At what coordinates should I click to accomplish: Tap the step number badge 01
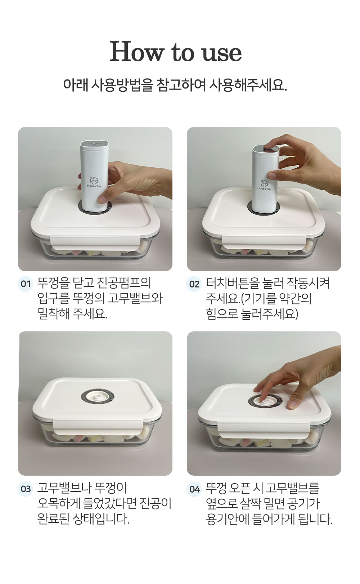pyautogui.click(x=26, y=284)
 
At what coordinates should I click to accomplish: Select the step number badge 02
pyautogui.click(x=194, y=284)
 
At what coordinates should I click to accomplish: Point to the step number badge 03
pyautogui.click(x=26, y=489)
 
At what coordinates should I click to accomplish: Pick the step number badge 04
pyautogui.click(x=194, y=489)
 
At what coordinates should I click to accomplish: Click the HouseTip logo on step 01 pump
pyautogui.click(x=94, y=182)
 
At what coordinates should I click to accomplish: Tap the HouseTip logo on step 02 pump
pyautogui.click(x=264, y=185)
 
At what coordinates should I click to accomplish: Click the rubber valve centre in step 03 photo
pyautogui.click(x=97, y=399)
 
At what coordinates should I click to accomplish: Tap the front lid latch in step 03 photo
pyautogui.click(x=98, y=427)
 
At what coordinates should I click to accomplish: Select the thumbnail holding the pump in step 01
pyautogui.click(x=102, y=200)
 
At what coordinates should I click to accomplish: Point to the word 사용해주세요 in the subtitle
pyautogui.click(x=247, y=85)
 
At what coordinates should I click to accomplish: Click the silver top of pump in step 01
pyautogui.click(x=94, y=144)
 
